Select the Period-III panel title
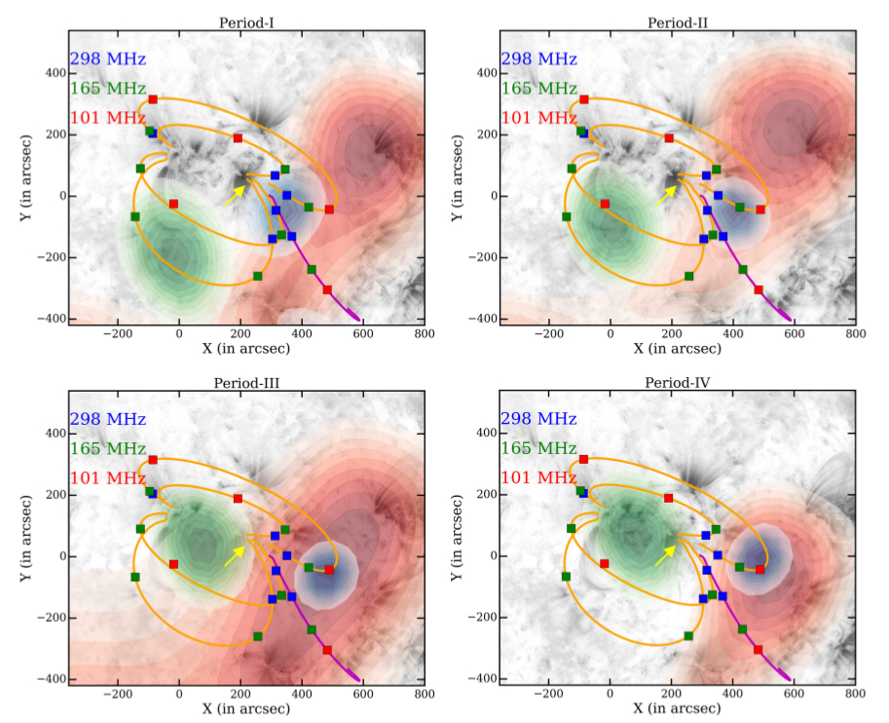245,382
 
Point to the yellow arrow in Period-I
235,195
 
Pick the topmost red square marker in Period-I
153,99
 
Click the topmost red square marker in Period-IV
584,459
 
